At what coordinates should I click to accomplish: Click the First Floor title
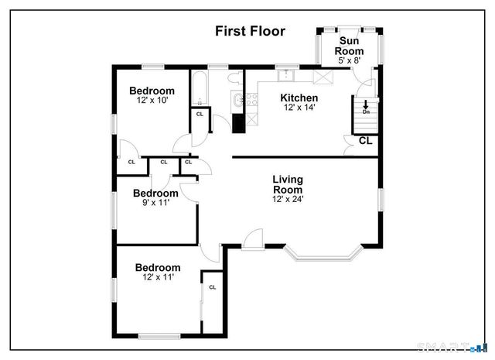pos(249,32)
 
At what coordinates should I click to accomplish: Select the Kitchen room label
pos(299,98)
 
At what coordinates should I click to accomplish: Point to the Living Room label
pos(288,184)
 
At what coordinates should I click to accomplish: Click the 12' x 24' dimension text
pos(288,198)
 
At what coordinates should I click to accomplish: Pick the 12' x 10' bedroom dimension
pos(152,101)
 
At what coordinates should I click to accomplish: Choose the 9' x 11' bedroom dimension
pos(155,203)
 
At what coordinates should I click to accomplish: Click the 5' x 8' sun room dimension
pos(349,60)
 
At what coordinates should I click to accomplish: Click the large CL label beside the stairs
pos(365,141)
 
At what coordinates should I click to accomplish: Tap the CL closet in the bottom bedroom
pos(211,287)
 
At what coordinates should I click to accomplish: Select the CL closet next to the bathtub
pos(200,114)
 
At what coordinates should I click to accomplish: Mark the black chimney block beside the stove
pos(240,122)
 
